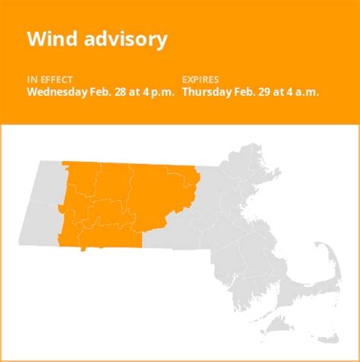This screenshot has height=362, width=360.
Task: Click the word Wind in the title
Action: point(48,40)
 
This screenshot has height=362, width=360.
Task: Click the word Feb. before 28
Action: point(102,91)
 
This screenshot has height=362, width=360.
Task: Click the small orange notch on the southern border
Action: point(83,247)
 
